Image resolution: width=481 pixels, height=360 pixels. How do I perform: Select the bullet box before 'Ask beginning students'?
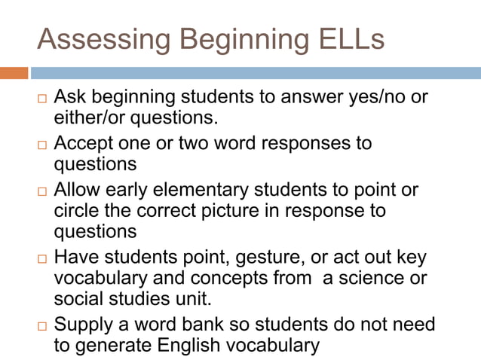tap(42, 99)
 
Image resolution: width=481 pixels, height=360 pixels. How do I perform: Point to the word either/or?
tap(91, 117)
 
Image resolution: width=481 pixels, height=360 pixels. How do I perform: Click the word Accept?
tap(84, 143)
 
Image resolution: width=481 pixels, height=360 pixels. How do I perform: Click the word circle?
tap(74, 210)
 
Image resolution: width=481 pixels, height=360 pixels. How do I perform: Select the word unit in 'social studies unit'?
tap(189, 297)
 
